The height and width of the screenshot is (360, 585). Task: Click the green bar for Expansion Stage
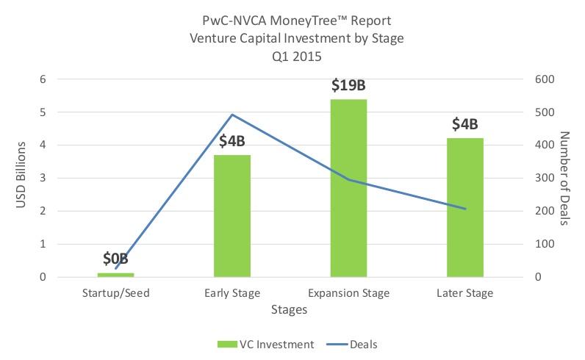[x=348, y=188]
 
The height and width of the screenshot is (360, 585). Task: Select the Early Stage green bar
[x=232, y=216]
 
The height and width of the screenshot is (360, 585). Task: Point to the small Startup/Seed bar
[x=115, y=274]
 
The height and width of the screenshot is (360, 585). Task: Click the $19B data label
[x=348, y=86]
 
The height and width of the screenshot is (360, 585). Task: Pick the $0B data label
[x=115, y=259]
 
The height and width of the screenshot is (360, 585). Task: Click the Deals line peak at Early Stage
[x=232, y=115]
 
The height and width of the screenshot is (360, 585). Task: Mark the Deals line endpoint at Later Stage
[x=465, y=209]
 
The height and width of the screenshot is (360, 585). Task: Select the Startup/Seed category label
[x=115, y=293]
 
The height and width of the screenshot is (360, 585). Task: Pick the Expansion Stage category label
[x=348, y=293]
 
